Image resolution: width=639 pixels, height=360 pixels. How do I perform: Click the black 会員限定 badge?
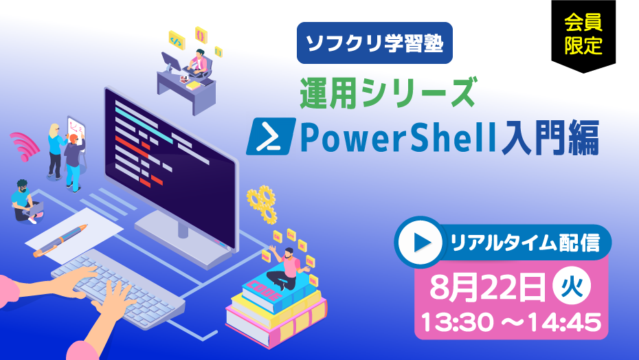(583, 34)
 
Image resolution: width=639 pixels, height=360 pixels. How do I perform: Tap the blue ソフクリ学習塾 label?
(374, 43)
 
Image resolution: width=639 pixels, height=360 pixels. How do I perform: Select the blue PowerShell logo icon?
(271, 136)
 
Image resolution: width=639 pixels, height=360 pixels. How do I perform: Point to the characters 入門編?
(550, 137)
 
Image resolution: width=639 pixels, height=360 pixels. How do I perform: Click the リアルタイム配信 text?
(525, 243)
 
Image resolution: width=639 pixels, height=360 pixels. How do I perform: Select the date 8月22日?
(487, 286)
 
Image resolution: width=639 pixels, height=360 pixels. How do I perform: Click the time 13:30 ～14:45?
(511, 322)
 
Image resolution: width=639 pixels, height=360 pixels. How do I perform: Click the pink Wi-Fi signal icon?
(24, 146)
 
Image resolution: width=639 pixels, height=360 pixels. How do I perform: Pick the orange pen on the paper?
(60, 240)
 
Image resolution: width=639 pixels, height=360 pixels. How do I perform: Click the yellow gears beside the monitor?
(262, 204)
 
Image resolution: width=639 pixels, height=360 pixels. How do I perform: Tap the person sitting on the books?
(287, 267)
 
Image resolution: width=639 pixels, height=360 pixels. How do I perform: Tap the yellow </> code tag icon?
(177, 40)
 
